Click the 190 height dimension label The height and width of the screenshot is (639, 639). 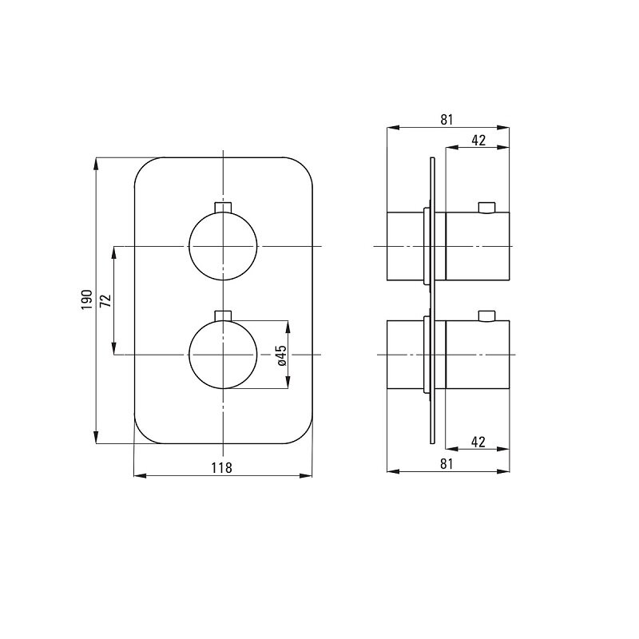pyautogui.click(x=87, y=300)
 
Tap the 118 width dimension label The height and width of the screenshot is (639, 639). pyautogui.click(x=222, y=467)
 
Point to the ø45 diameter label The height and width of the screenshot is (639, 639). pyautogui.click(x=282, y=355)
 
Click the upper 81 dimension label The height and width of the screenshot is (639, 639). pyautogui.click(x=447, y=120)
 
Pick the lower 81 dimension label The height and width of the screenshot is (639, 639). pyautogui.click(x=447, y=464)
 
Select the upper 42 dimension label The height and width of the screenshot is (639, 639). pyautogui.click(x=478, y=141)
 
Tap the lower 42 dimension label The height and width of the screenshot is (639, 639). pyautogui.click(x=478, y=442)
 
